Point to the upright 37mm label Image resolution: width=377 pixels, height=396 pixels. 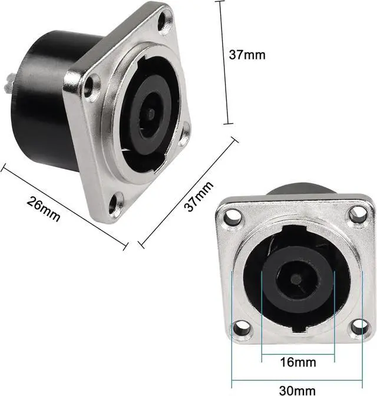(247, 55)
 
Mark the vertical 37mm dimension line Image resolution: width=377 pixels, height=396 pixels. (222, 62)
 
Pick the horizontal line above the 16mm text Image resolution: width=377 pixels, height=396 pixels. (289, 354)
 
